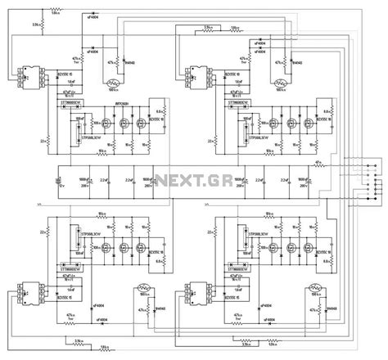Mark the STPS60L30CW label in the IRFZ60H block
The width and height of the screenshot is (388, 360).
tap(79, 136)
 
